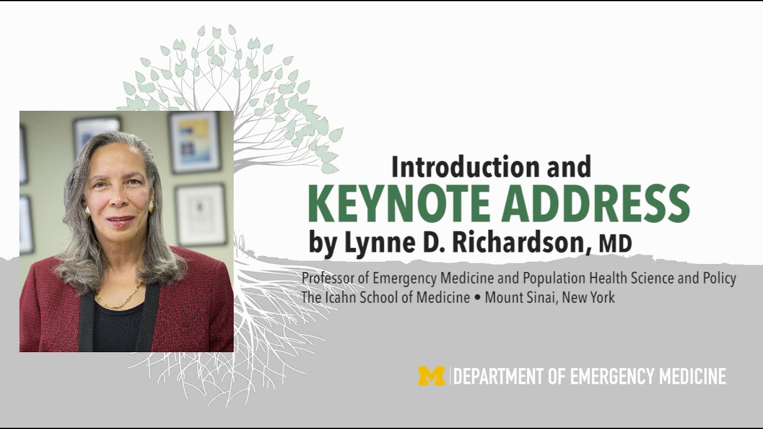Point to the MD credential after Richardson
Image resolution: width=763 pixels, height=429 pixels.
point(615,244)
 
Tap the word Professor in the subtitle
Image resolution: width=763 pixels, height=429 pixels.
point(327,278)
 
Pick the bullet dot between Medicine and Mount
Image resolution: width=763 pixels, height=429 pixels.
point(477,297)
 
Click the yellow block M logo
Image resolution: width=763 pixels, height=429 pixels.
point(431,377)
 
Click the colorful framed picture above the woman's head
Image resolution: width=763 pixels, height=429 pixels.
point(194,142)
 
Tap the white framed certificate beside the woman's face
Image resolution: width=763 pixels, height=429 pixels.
point(200,214)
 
